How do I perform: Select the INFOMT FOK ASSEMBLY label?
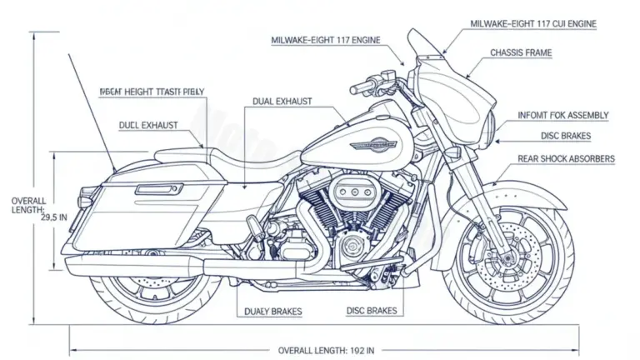pos(562,115)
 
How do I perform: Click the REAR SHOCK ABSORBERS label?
pos(566,157)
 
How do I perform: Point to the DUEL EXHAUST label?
pos(148,125)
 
